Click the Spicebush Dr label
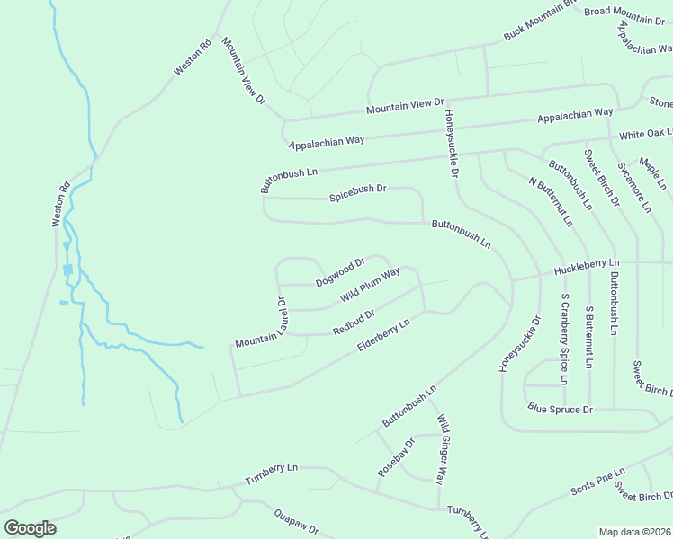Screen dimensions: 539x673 [x=357, y=190]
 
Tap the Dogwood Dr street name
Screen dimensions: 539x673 [x=340, y=272]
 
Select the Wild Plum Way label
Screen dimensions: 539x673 [x=370, y=286]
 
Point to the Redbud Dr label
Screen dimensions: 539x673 [x=354, y=322]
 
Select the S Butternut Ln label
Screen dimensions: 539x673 [x=589, y=338]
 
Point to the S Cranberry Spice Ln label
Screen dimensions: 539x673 [x=565, y=338]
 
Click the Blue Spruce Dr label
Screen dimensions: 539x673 [x=560, y=409]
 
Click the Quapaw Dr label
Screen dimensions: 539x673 [x=296, y=523]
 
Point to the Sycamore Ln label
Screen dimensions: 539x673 [x=634, y=188]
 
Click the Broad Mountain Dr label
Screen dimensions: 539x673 [x=624, y=14]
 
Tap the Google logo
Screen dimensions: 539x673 [x=30, y=528]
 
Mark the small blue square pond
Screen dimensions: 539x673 [x=67, y=269]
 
